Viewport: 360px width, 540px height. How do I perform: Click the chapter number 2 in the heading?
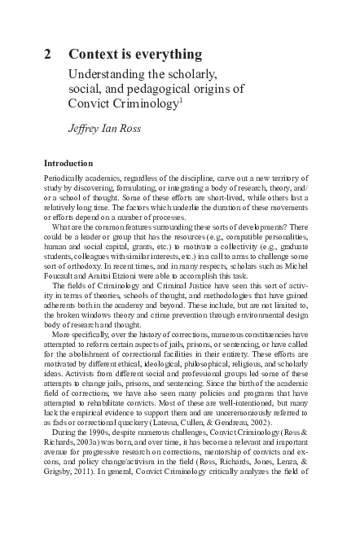47,55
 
